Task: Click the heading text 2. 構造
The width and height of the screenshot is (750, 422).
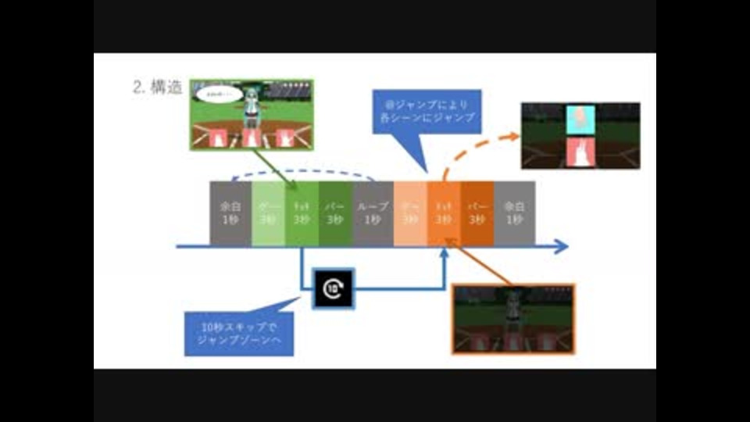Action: tap(158, 88)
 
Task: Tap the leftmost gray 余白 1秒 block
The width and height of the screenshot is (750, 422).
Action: tap(230, 213)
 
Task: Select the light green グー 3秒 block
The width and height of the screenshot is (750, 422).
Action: tap(268, 213)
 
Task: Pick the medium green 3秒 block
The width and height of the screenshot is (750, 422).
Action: tap(302, 213)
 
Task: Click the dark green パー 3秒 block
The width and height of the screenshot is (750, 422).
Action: tap(336, 213)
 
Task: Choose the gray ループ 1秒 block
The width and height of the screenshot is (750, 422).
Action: tap(373, 213)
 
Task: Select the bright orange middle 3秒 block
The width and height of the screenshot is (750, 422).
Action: tap(444, 213)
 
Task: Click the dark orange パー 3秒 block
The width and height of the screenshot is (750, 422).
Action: tap(477, 213)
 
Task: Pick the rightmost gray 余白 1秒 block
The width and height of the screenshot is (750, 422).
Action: tap(514, 213)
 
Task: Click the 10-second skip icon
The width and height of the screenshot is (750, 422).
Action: tap(333, 288)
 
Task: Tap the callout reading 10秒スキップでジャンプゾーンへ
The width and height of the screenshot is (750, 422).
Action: tap(239, 334)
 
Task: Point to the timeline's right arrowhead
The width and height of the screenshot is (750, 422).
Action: tap(562, 248)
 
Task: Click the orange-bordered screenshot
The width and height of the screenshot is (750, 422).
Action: tap(513, 319)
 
